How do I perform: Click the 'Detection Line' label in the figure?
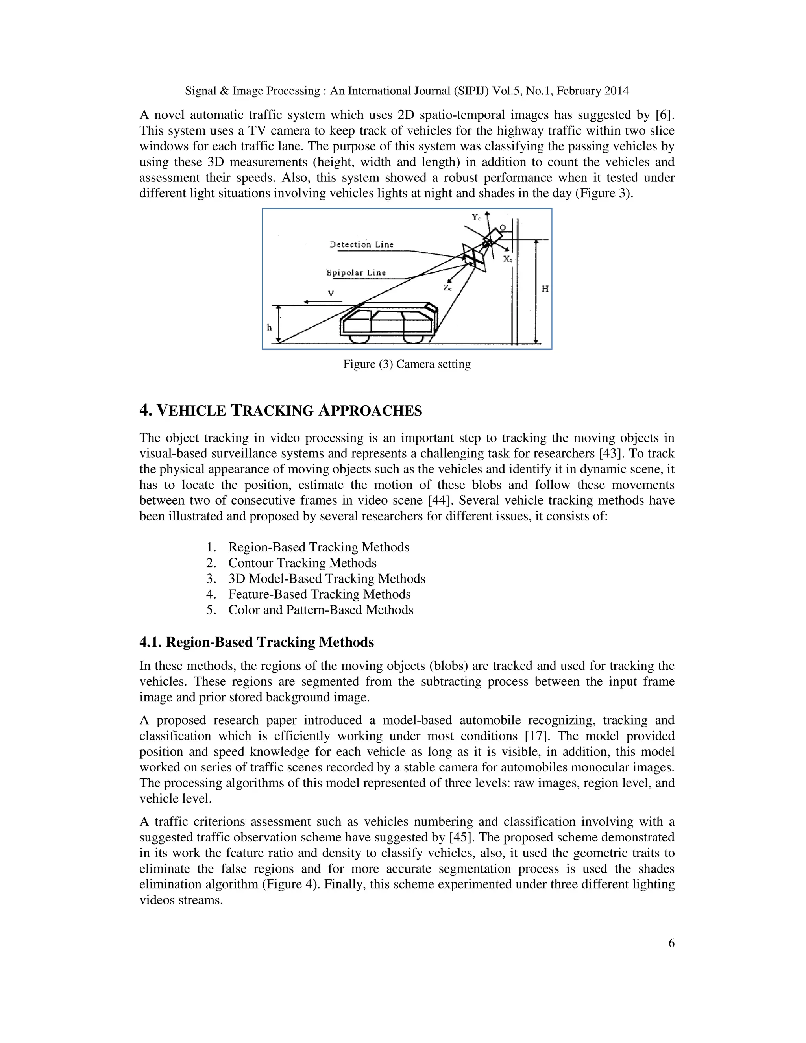pos(361,244)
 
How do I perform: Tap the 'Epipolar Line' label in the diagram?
pos(356,273)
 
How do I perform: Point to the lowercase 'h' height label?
pos(269,327)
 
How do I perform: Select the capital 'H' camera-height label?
pos(545,289)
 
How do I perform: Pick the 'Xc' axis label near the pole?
pos(508,259)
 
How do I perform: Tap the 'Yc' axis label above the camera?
pos(476,217)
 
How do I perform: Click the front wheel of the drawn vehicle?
pos(359,338)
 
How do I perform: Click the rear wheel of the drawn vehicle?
pos(414,338)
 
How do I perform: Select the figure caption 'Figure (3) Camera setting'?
pos(407,364)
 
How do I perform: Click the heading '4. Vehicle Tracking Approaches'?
pos(281,411)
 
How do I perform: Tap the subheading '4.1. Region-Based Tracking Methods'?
pos(257,642)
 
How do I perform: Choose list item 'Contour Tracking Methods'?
pos(302,563)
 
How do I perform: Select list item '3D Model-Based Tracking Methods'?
pos(327,579)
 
